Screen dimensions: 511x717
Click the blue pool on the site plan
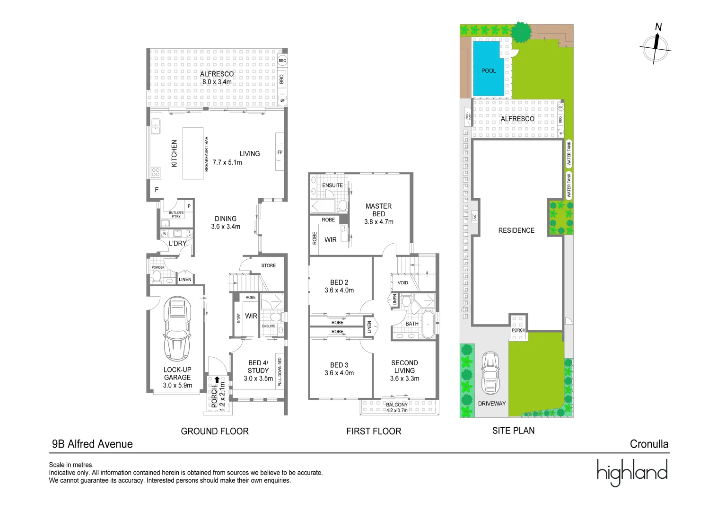click(x=488, y=69)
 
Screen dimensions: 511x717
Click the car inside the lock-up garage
click(x=177, y=329)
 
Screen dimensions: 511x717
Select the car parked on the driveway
click(x=490, y=373)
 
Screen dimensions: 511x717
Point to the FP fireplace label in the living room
click(x=280, y=152)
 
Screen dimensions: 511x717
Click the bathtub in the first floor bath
click(x=428, y=325)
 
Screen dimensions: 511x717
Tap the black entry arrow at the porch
click(x=217, y=379)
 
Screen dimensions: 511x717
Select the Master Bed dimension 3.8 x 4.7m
click(x=378, y=222)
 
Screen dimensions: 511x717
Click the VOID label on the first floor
click(x=402, y=283)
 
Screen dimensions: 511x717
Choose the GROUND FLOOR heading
click(x=215, y=431)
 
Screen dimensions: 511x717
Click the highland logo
click(x=631, y=472)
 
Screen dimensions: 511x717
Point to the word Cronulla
click(x=649, y=444)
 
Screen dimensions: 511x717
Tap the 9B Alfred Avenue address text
click(x=92, y=444)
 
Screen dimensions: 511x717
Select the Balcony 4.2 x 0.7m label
click(x=396, y=407)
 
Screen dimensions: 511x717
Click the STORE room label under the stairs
click(x=268, y=265)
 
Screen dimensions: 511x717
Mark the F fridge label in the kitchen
click(x=157, y=190)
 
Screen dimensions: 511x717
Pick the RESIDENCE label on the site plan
click(x=516, y=230)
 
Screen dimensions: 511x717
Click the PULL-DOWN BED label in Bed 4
click(x=280, y=372)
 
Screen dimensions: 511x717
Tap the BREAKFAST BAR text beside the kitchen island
click(x=206, y=154)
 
